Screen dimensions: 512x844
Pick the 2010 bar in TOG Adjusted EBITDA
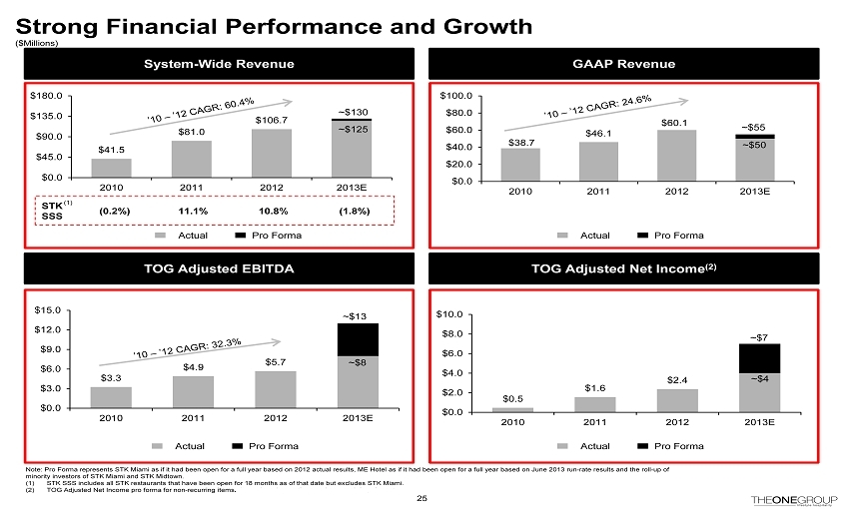pyautogui.click(x=111, y=397)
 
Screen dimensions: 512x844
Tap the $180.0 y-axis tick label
pyautogui.click(x=49, y=96)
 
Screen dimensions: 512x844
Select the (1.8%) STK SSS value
pyautogui.click(x=355, y=212)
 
